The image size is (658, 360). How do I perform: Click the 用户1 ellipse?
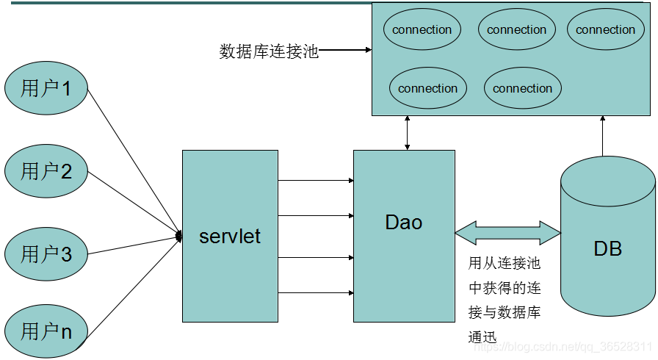click(46, 89)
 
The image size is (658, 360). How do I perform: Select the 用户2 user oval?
click(46, 172)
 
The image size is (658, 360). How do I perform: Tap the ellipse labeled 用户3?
click(46, 254)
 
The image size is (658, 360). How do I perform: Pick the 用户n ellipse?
click(46, 331)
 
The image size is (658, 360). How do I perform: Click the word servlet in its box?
click(230, 237)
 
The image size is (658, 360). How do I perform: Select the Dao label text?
click(404, 222)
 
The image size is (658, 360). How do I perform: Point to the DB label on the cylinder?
click(607, 249)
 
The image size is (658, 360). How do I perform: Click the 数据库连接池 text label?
click(269, 51)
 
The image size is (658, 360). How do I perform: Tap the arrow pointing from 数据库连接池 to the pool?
click(345, 51)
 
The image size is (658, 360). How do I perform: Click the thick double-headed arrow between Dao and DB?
click(507, 232)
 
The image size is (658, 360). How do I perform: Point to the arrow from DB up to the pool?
click(603, 136)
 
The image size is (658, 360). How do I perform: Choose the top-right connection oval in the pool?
click(605, 30)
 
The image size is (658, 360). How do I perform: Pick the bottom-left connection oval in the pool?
click(428, 88)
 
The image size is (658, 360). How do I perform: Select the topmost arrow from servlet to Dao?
click(316, 180)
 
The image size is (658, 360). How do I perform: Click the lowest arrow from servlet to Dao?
click(316, 293)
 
